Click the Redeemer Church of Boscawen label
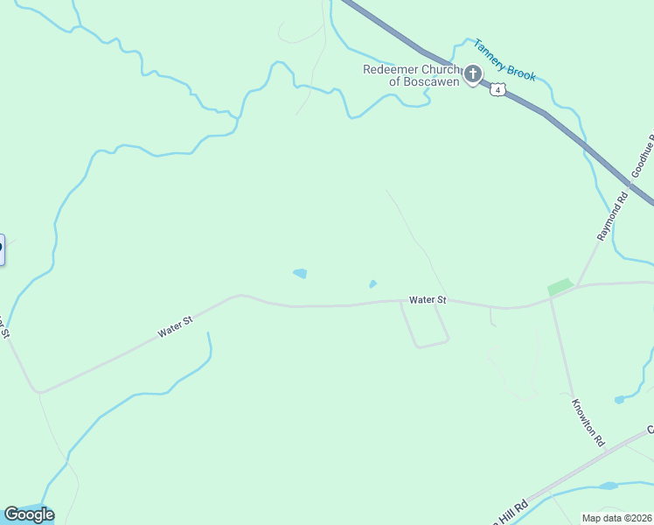[411, 75]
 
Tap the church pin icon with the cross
[473, 74]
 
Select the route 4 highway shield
[497, 89]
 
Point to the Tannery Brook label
[504, 59]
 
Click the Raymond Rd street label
[613, 217]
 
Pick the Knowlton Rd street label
[588, 423]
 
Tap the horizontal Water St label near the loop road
[428, 300]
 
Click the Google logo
[29, 514]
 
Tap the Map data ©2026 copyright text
[617, 517]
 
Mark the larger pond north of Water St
[300, 274]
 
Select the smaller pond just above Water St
[372, 283]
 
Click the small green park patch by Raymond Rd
[560, 286]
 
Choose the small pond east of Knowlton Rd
[619, 400]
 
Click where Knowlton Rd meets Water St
[551, 299]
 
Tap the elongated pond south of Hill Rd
[608, 486]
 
